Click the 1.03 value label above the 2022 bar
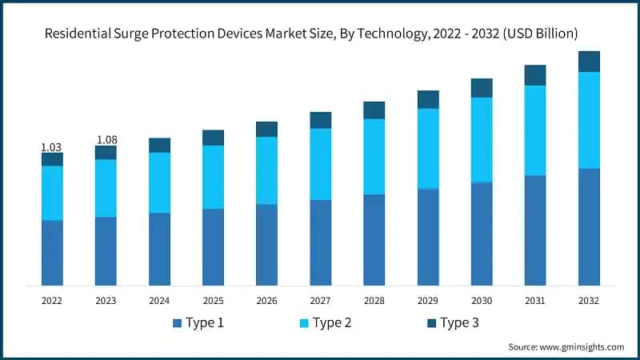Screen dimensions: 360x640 click(x=51, y=147)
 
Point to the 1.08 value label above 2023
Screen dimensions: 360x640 click(x=106, y=140)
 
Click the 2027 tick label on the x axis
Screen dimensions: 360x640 click(x=320, y=301)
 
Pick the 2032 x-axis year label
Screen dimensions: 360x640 click(x=589, y=301)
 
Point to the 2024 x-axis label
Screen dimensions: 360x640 click(x=159, y=301)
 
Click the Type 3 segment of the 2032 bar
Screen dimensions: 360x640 click(x=589, y=62)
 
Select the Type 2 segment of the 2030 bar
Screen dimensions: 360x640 click(x=482, y=140)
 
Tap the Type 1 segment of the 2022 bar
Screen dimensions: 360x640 click(x=52, y=253)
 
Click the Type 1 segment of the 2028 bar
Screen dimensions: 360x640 click(x=374, y=240)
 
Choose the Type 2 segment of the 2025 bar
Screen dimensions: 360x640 click(x=213, y=177)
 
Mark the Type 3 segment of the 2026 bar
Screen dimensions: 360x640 click(x=266, y=130)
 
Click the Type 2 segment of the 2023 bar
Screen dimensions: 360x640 click(x=106, y=188)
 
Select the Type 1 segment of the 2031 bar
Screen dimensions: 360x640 click(x=535, y=230)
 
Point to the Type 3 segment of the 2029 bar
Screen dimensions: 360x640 click(x=428, y=99)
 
